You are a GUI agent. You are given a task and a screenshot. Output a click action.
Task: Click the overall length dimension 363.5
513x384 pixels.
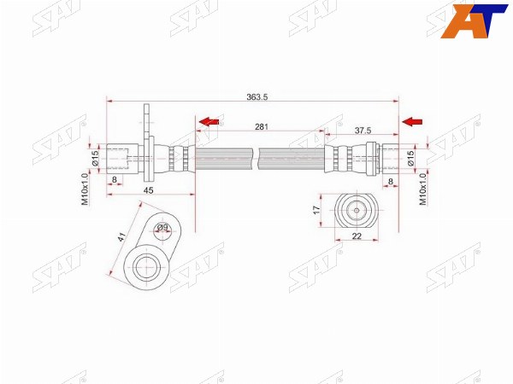pyautogui.click(x=256, y=97)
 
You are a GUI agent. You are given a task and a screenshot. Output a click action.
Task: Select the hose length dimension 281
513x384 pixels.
pyautogui.click(x=262, y=126)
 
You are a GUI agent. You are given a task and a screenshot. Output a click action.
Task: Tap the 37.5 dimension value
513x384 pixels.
pyautogui.click(x=363, y=131)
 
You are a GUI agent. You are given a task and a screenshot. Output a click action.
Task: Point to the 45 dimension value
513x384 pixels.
pyautogui.click(x=148, y=190)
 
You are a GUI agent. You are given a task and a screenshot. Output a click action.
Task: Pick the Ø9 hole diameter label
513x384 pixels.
pyautogui.click(x=162, y=227)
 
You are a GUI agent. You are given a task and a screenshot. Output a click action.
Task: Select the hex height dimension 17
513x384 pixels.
pyautogui.click(x=316, y=210)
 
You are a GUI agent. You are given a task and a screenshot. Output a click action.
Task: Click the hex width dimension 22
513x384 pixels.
pyautogui.click(x=357, y=236)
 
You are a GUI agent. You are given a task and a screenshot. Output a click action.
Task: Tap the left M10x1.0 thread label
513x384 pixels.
pyautogui.click(x=85, y=189)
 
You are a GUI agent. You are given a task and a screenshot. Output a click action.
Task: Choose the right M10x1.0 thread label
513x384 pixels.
pyautogui.click(x=423, y=189)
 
